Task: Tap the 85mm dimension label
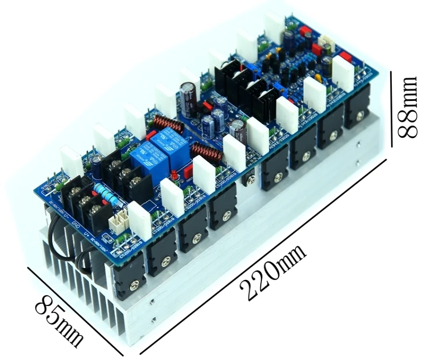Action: click(59, 319)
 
